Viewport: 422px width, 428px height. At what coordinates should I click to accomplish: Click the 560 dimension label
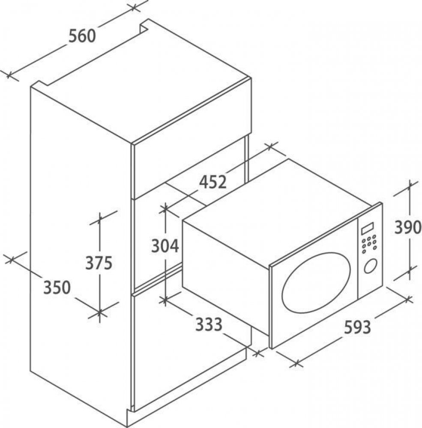(82, 36)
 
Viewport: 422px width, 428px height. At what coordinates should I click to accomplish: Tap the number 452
(212, 182)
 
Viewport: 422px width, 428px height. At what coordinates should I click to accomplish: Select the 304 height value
(165, 246)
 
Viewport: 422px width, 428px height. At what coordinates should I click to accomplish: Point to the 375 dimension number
(99, 263)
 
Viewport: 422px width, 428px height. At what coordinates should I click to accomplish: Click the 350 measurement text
(57, 288)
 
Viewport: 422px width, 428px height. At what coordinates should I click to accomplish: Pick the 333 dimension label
(209, 324)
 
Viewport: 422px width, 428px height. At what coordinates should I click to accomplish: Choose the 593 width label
(357, 327)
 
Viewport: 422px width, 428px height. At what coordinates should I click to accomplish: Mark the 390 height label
(408, 227)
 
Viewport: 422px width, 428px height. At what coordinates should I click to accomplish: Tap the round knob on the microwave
(370, 266)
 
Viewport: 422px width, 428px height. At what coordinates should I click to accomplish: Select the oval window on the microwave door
(316, 282)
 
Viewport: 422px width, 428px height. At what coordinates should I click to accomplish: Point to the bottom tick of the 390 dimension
(409, 271)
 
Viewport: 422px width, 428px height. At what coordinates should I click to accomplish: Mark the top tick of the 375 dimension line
(99, 218)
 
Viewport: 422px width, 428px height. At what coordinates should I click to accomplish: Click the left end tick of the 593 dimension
(297, 363)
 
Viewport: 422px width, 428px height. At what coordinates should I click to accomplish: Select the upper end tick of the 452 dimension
(270, 147)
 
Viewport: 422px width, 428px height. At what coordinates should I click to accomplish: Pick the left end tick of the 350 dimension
(11, 260)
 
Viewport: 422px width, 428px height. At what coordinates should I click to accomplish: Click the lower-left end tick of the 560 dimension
(9, 75)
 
